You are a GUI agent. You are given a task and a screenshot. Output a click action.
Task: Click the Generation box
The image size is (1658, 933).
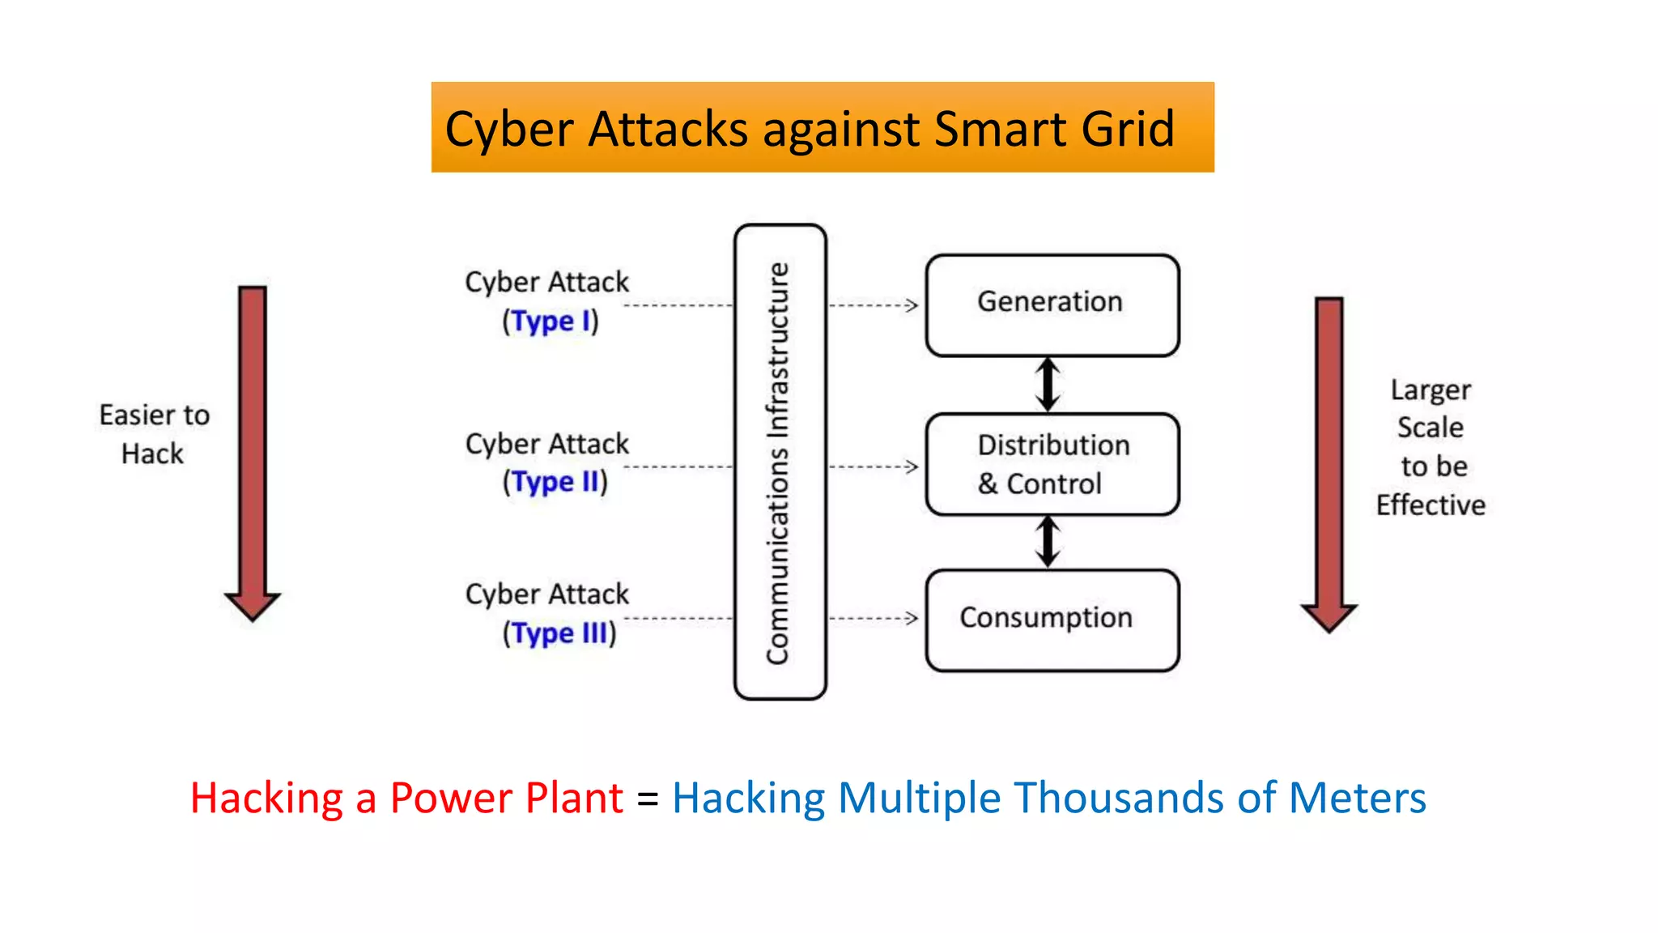click(1052, 305)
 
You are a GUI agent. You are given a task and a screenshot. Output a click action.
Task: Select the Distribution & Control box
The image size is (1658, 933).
click(1052, 464)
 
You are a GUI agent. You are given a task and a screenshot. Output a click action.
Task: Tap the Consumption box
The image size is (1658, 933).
click(1052, 620)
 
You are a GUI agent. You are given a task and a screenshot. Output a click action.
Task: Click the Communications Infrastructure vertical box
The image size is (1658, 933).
click(780, 462)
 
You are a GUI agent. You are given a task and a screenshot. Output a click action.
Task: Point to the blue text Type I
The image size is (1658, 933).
click(543, 322)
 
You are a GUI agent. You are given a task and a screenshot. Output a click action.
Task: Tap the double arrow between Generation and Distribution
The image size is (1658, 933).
click(1048, 385)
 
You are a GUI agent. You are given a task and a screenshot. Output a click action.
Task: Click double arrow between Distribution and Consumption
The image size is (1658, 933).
click(1048, 542)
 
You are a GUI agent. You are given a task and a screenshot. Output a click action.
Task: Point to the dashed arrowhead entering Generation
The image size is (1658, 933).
click(912, 305)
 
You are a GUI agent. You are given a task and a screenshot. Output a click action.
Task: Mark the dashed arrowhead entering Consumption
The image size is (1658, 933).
click(912, 619)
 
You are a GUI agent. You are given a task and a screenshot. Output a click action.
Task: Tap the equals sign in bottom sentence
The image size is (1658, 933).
click(648, 799)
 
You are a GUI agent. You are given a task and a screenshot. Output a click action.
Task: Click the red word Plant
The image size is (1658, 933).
click(574, 799)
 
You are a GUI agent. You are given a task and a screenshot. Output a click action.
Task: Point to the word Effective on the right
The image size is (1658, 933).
click(1431, 505)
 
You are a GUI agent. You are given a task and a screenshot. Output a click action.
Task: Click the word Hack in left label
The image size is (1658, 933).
click(152, 454)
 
